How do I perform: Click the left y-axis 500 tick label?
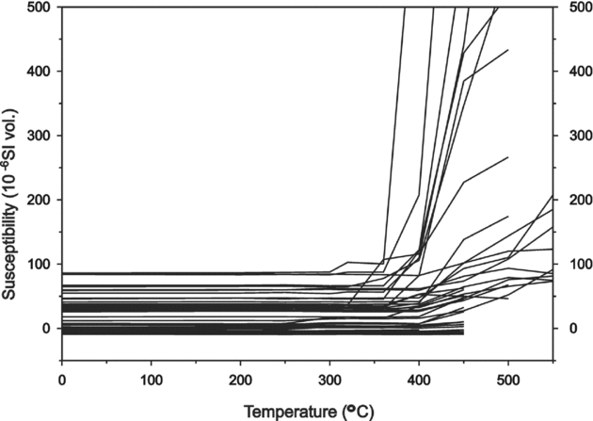tap(39, 7)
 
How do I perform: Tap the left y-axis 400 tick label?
tap(39, 72)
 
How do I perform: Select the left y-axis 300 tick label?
tap(39, 136)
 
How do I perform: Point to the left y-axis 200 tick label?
tap(39, 200)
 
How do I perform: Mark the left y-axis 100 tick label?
tap(39, 265)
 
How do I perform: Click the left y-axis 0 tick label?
tap(46, 329)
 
